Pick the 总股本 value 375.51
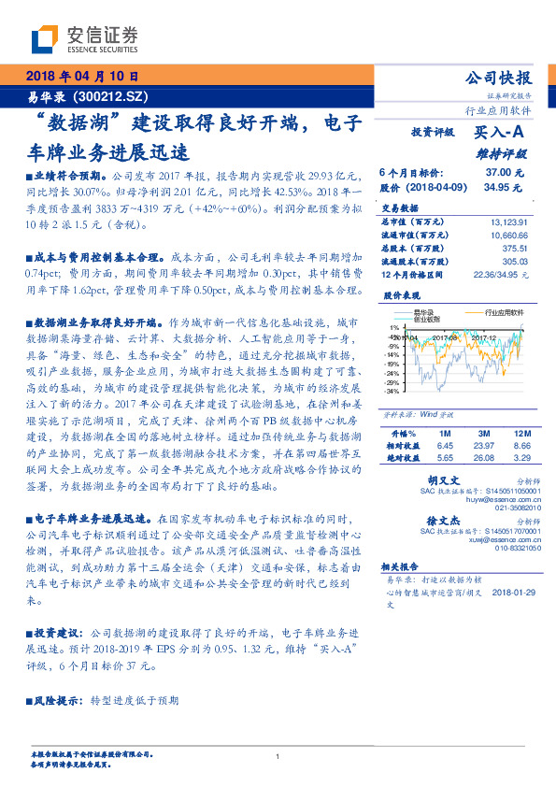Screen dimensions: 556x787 coord(516,249)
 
